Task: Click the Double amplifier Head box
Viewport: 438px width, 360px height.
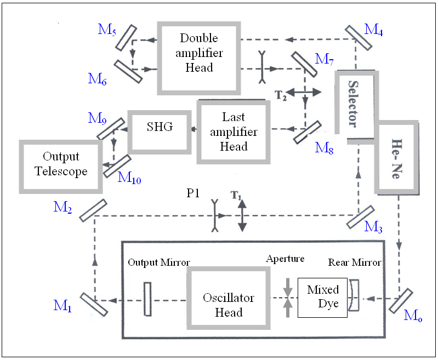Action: [x=198, y=53]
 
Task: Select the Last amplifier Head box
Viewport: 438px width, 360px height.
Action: [x=234, y=132]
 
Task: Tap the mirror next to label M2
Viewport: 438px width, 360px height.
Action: [x=93, y=210]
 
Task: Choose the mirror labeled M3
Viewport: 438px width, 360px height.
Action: [x=361, y=217]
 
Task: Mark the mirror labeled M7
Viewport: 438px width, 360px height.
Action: [x=304, y=65]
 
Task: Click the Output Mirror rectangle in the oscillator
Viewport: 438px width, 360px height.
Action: [x=147, y=299]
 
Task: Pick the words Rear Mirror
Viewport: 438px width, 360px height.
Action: [x=354, y=262]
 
